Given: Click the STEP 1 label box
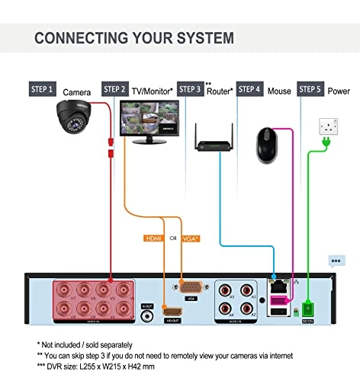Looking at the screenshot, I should pos(43,89).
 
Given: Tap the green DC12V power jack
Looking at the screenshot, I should pos(307,309).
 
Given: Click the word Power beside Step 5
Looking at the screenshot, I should pos(340,91).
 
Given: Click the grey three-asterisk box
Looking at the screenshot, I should pos(336,260).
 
